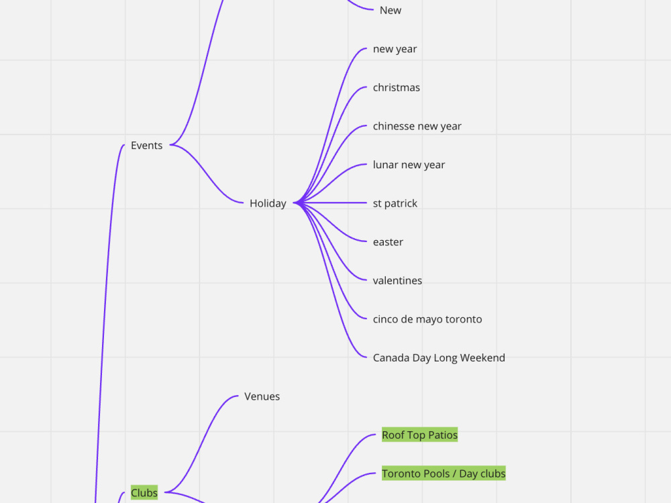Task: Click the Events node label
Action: [146, 146]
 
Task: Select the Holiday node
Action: [268, 203]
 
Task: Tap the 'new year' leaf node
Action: [395, 49]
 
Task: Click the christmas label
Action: [397, 88]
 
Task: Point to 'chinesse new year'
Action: [417, 126]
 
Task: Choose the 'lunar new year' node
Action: [409, 165]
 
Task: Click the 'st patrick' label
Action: [395, 203]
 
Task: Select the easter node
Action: [388, 242]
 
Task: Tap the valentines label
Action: [397, 280]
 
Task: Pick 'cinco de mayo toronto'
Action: [427, 319]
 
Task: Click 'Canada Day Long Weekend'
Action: [439, 357]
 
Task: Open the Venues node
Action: [262, 396]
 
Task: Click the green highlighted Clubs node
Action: [144, 493]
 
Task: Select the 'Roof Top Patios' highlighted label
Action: [419, 435]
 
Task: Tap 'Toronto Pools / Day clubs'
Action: [444, 473]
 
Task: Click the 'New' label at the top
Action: [391, 10]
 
